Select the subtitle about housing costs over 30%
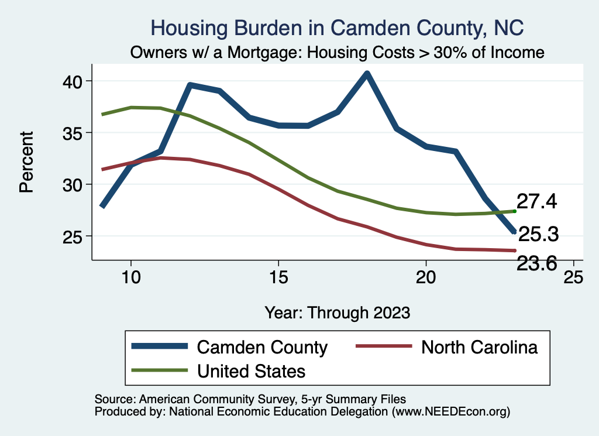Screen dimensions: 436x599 tap(338, 53)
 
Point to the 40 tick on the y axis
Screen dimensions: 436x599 tap(74, 81)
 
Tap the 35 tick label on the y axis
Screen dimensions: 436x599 tap(74, 133)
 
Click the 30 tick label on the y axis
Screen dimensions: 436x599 tap(74, 184)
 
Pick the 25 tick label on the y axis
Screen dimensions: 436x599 tap(74, 236)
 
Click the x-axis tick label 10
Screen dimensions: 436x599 tap(131, 277)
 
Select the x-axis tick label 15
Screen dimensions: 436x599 tap(278, 277)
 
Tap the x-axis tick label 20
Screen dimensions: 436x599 tap(426, 277)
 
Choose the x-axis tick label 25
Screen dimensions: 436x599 tap(573, 277)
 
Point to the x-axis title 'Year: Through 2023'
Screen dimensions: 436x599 tap(337, 312)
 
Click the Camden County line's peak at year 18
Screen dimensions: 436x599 tap(367, 74)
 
